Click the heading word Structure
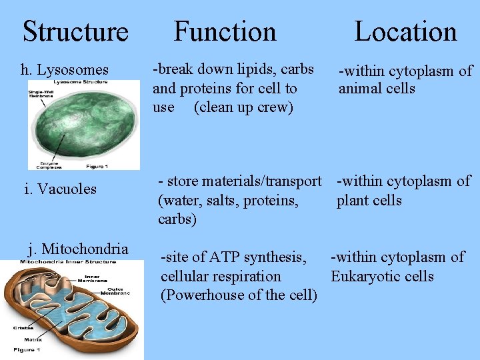point(75,31)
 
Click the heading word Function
point(225,31)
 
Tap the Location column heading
point(405,31)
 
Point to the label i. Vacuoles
point(60,189)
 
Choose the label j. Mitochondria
point(78,249)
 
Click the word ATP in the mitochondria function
point(225,257)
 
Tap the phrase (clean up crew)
point(243,107)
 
